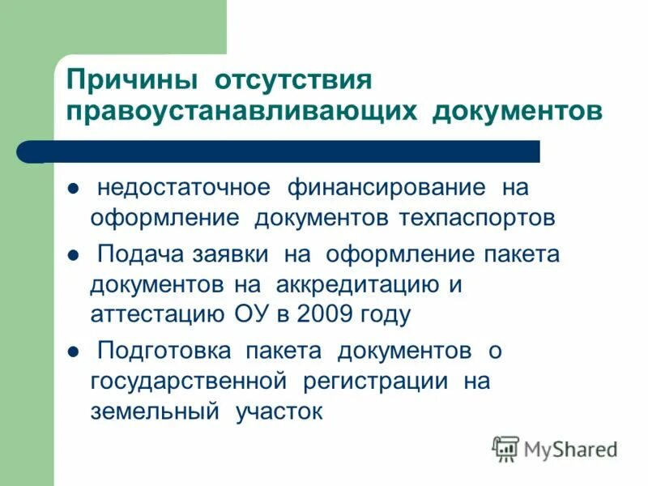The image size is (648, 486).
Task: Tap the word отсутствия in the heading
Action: tap(292, 81)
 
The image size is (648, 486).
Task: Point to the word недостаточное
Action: tap(183, 188)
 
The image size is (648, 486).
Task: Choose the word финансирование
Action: tap(386, 188)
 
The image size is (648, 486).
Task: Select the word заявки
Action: tap(235, 254)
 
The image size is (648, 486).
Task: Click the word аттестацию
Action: tap(152, 314)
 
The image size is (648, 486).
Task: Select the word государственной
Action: tap(190, 381)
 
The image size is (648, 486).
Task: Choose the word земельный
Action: tap(155, 411)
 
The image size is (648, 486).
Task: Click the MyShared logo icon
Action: tap(505, 448)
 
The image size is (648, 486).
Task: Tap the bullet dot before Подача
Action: tap(72, 255)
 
